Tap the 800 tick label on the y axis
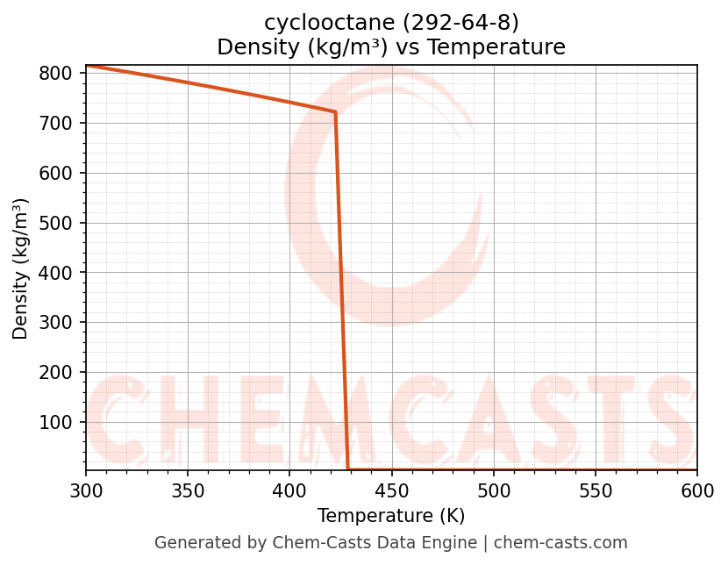point(54,74)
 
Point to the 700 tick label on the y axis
point(54,124)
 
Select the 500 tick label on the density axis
point(54,223)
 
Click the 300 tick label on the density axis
point(54,323)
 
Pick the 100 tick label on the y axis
point(54,422)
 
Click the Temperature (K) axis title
point(391,516)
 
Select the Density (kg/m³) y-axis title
point(21,268)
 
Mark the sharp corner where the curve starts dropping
point(335,112)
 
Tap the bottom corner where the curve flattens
point(348,469)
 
